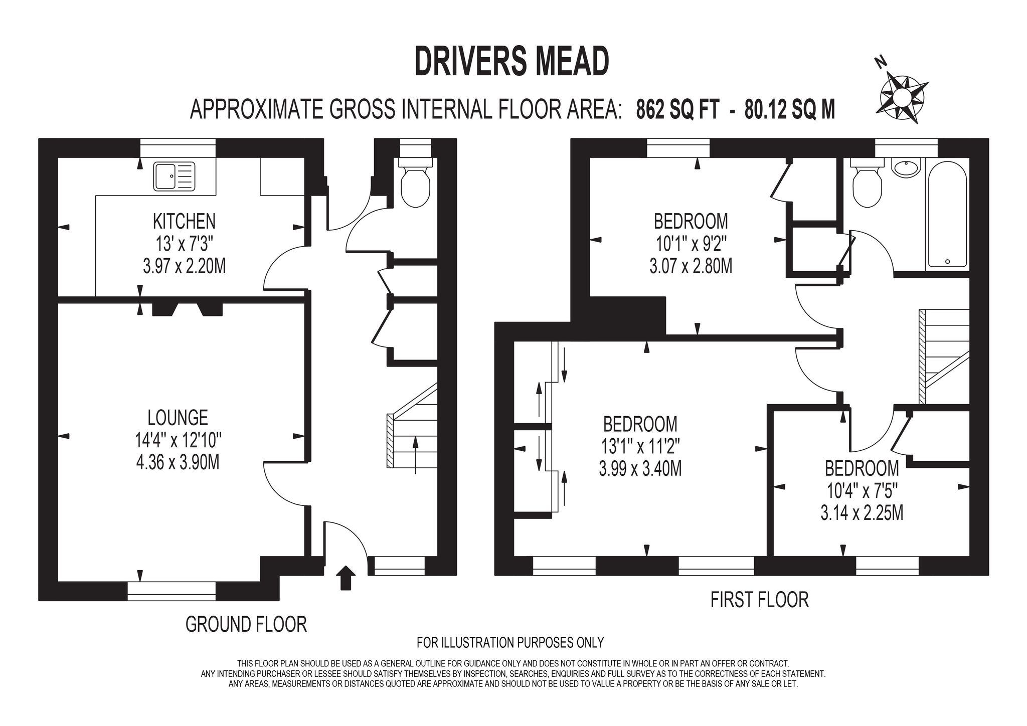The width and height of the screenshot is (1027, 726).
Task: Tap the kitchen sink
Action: click(174, 176)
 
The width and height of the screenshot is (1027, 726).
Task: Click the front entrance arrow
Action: click(345, 578)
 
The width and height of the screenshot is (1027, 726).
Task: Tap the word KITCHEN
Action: click(184, 221)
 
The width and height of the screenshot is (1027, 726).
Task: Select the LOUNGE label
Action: click(178, 417)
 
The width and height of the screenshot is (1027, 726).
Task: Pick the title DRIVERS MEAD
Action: click(512, 61)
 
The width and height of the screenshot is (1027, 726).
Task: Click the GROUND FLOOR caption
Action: click(246, 624)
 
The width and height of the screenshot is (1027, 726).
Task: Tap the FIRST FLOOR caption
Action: click(760, 600)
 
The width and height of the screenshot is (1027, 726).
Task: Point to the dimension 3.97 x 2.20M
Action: click(184, 266)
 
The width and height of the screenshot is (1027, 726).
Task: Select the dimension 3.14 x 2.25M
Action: click(862, 513)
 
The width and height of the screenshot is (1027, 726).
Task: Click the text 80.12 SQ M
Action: click(790, 109)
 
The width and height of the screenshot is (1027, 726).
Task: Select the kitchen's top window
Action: click(178, 148)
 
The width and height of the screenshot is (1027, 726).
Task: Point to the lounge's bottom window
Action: click(172, 591)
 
